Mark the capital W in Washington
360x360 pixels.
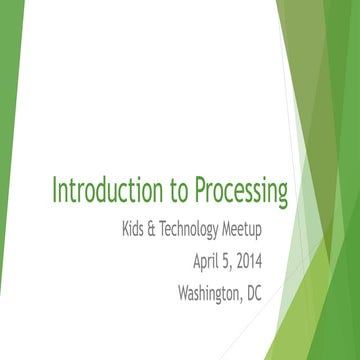coord(183,293)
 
